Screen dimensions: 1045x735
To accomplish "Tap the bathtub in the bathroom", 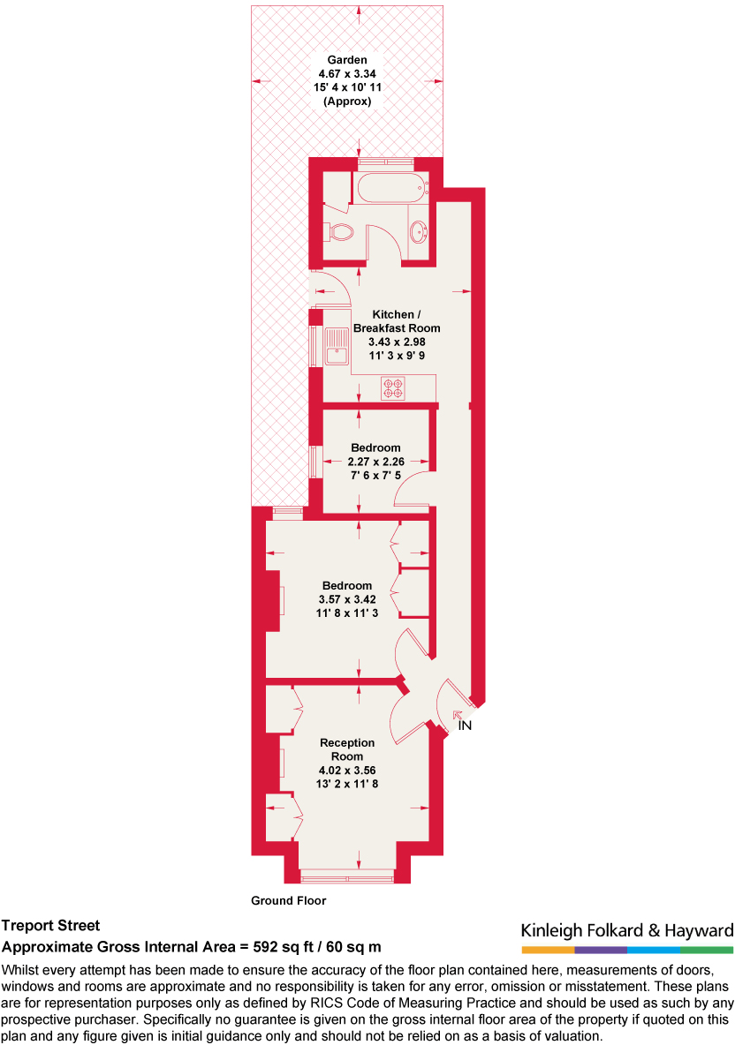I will tap(390, 188).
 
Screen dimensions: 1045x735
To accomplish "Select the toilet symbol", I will tap(341, 232).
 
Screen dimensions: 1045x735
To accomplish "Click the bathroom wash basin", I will tap(420, 233).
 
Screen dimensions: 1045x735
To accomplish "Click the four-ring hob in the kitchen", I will tap(393, 388).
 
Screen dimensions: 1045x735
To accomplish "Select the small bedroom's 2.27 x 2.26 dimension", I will tap(375, 462).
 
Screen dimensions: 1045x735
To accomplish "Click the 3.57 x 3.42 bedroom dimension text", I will tap(346, 599).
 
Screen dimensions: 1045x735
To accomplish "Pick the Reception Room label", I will tap(347, 749).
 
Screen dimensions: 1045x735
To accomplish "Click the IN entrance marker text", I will tap(466, 726).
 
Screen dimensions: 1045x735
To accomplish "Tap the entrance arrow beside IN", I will tap(457, 715).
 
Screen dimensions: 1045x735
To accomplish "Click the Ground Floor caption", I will tap(289, 901).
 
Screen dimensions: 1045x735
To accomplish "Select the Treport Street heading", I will tap(50, 926).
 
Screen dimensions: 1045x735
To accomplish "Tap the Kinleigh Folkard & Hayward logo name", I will tap(627, 930).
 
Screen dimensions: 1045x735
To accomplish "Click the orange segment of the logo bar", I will tap(548, 950).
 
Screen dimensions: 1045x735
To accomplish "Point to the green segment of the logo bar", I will tap(707, 950).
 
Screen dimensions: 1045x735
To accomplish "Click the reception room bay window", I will tap(347, 876).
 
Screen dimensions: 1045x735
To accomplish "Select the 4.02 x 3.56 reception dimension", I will tap(347, 770).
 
